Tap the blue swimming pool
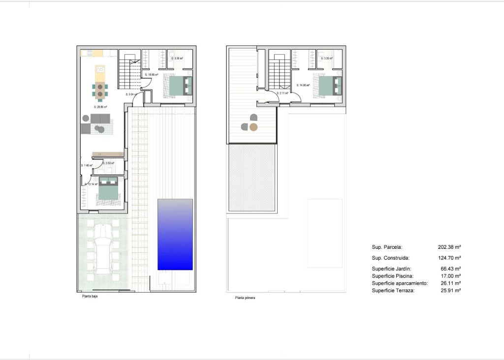pos(175,234)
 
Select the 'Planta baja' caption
pos(90,297)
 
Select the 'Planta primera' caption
pos(245,298)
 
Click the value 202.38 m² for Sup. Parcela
pos(449,247)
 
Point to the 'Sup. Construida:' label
pos(390,258)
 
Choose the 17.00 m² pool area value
pos(450,276)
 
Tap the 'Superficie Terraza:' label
pos(393,291)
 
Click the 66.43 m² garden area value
pos(450,269)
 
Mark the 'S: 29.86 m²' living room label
pos(100,106)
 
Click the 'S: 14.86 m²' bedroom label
pos(303,85)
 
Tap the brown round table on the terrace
pos(253,127)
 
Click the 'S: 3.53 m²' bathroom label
pos(109,163)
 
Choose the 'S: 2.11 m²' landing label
pos(283,92)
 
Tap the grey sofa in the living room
pos(100,119)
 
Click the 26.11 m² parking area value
pos(450,283)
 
